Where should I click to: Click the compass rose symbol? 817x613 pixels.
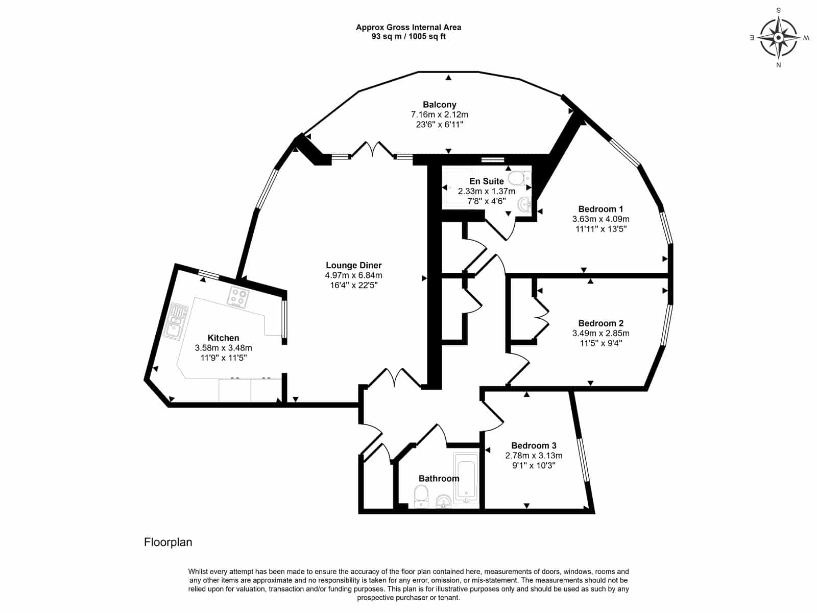coord(778,38)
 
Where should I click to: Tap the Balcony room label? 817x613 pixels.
coord(439,105)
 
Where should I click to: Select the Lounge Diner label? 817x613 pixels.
coord(353,265)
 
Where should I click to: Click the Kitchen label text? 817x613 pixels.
coord(223,338)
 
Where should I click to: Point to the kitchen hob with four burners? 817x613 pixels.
coord(239,297)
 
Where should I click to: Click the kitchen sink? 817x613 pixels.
coord(175,322)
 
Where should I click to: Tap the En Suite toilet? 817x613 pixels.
coord(520,178)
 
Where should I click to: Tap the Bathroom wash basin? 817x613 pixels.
coord(444,501)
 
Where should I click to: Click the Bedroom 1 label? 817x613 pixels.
coord(600,209)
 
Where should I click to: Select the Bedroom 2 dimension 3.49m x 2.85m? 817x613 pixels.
coord(600,333)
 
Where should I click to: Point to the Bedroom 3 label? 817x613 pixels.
coord(534,445)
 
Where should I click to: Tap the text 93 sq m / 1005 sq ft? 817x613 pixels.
coord(408,36)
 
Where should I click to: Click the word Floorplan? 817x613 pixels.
coord(168,543)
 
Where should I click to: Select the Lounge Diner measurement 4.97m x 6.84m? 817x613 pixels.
coord(353,275)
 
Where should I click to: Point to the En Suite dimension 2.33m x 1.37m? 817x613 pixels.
coord(487,191)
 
